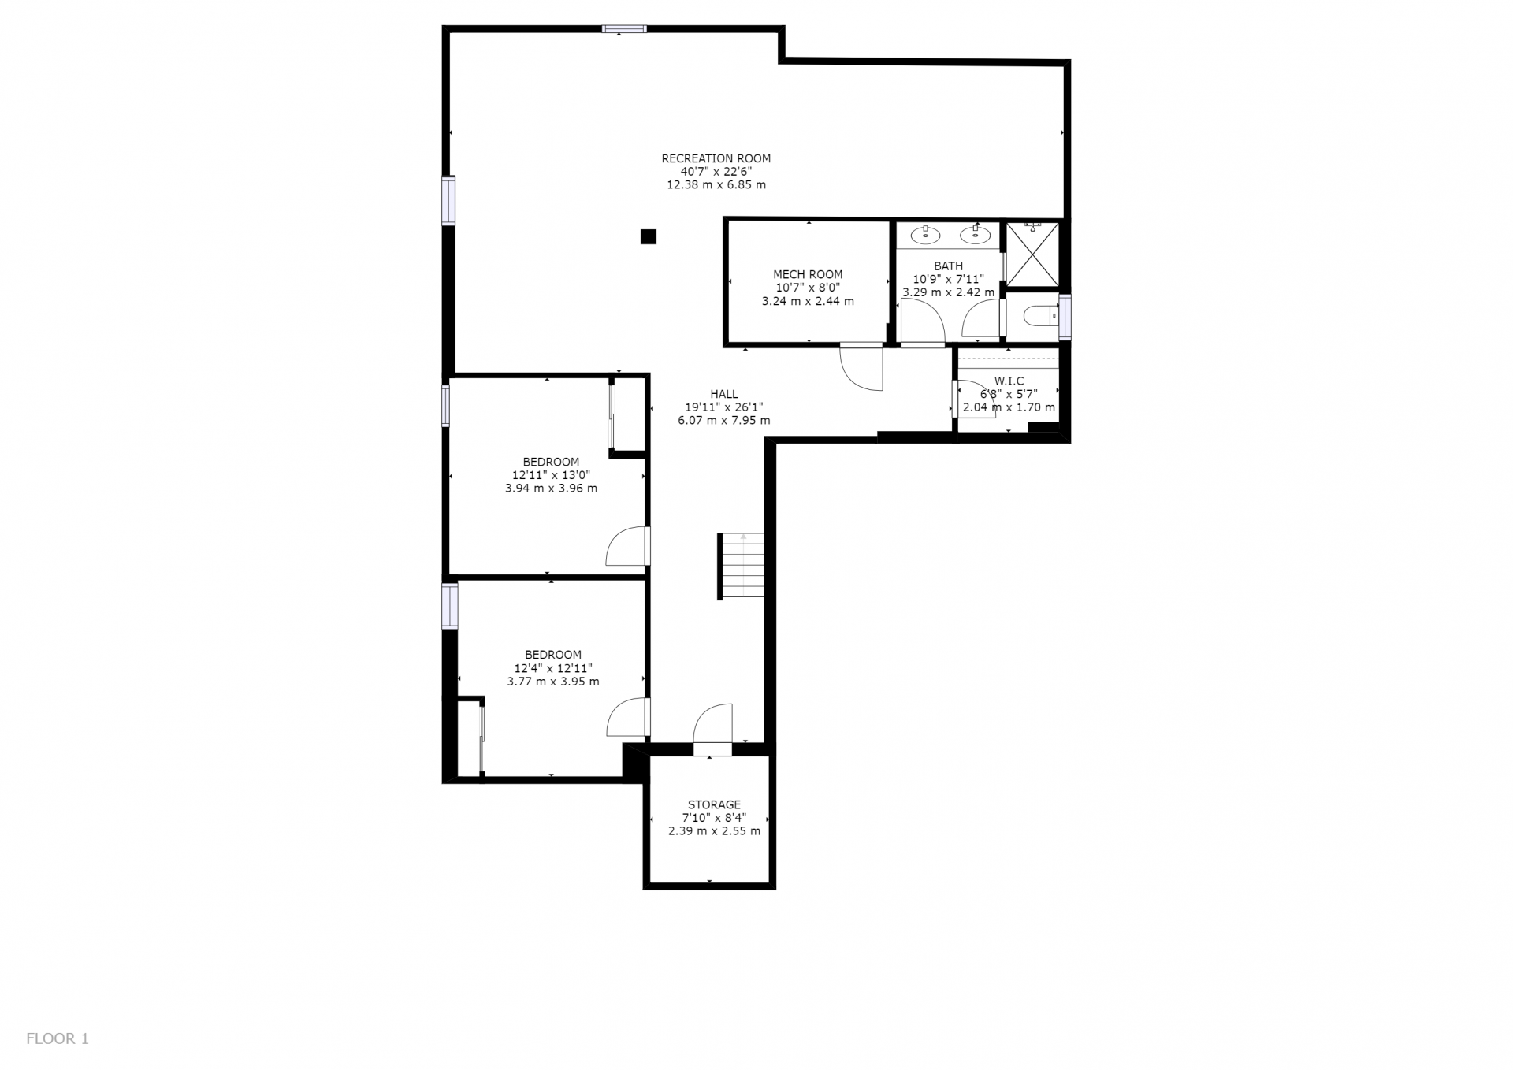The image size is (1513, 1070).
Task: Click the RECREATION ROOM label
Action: pos(716,158)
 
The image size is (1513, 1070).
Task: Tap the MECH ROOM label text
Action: pos(808,275)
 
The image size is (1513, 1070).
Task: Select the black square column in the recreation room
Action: pos(649,236)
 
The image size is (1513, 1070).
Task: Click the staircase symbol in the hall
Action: pos(742,566)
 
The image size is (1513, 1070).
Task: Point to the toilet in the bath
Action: pos(1040,316)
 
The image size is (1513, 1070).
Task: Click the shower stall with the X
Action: pos(1033,254)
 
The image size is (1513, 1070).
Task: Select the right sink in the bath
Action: pos(975,234)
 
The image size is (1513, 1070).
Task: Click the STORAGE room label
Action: pos(714,804)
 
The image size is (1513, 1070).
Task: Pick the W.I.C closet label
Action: pos(1009,381)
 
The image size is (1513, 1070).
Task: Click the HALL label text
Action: pos(724,394)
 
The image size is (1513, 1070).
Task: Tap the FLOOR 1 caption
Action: pos(58,1038)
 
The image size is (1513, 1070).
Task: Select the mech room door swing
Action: pos(861,367)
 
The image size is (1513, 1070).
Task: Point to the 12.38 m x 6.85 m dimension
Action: pos(716,185)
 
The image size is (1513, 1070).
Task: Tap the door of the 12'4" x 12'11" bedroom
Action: pos(628,717)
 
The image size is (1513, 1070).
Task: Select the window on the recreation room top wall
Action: pos(624,29)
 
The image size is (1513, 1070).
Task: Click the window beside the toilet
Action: pos(1065,317)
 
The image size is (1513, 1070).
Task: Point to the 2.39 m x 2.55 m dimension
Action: pos(714,831)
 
